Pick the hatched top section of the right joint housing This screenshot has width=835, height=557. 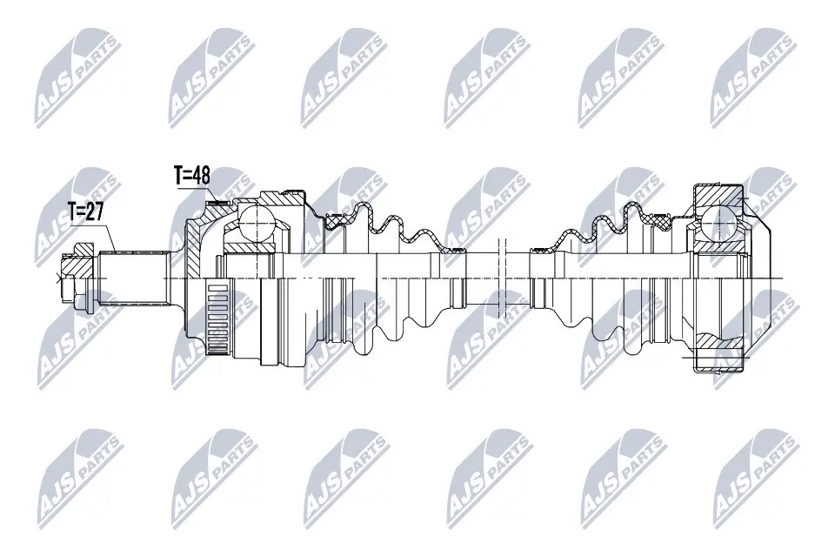718,194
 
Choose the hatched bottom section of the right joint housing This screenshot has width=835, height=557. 719,358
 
